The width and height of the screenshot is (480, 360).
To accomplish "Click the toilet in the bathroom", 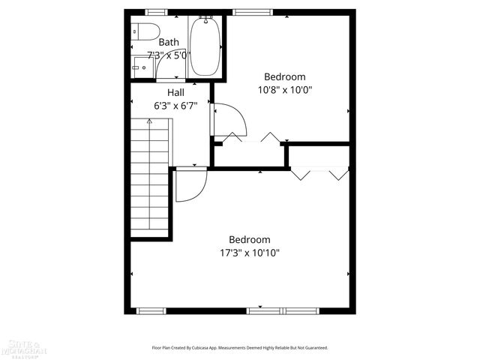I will [143, 32].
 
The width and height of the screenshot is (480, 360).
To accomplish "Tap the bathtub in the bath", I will [203, 46].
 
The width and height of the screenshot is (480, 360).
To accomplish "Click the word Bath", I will [169, 43].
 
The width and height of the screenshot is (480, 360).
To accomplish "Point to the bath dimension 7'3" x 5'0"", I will [168, 55].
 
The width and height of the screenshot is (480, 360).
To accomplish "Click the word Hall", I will [176, 92].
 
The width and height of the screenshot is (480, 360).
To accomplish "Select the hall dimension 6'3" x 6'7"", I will [175, 105].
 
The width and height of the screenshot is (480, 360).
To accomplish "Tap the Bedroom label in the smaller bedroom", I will [285, 76].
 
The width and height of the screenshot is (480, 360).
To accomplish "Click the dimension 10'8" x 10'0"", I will [285, 89].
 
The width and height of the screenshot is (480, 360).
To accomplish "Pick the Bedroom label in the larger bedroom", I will [250, 240].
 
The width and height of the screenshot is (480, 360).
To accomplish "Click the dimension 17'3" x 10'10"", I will [250, 253].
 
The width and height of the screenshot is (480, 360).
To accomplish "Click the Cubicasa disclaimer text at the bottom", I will [240, 348].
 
